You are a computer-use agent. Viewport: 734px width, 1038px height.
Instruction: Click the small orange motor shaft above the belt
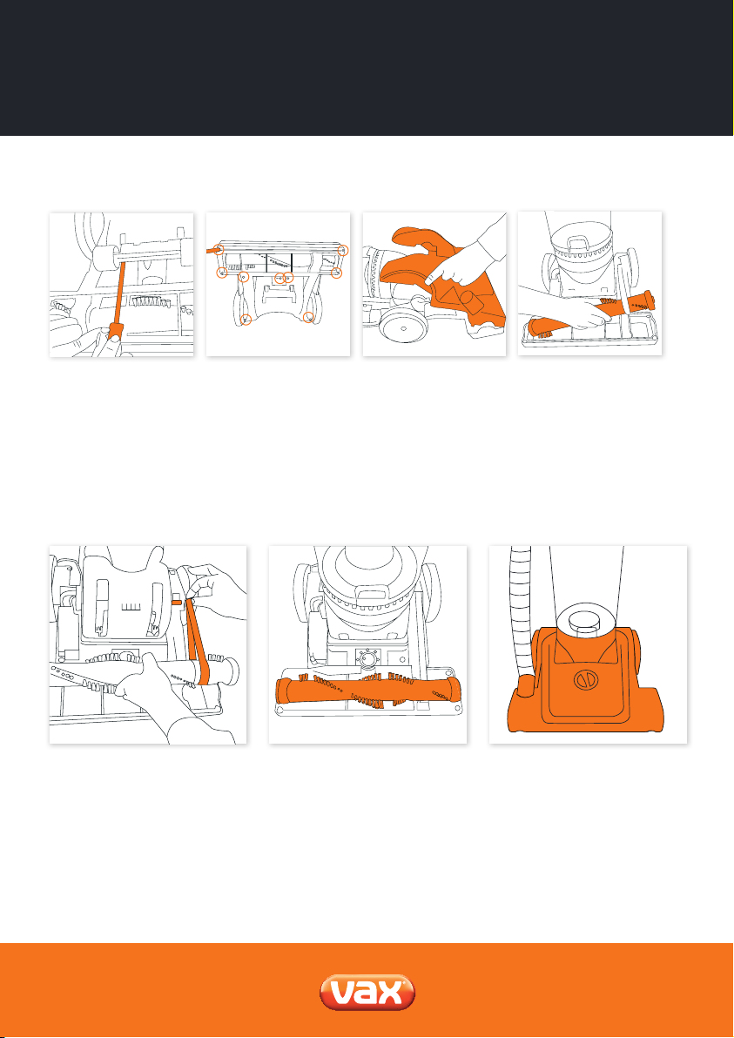pos(177,603)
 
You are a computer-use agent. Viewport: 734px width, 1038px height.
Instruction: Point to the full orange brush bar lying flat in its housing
pos(367,692)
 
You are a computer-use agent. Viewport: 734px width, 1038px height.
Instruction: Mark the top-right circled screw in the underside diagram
pos(343,250)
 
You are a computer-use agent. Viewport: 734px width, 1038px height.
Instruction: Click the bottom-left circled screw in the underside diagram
pos(246,320)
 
